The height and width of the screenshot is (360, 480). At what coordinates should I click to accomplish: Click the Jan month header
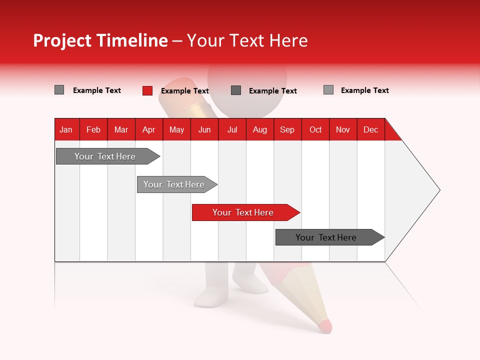pos(66,129)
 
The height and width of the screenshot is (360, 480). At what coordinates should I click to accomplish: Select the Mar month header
pos(121,129)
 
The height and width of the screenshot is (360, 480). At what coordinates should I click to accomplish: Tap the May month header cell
pos(176,129)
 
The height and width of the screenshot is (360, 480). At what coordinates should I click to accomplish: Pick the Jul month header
pos(232,129)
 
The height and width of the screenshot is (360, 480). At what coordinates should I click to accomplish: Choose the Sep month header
pos(287,129)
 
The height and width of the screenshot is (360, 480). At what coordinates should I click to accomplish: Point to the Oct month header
pos(315,129)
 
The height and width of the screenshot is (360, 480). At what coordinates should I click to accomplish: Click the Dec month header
pos(370,129)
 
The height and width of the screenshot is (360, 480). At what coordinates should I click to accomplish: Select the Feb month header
pos(93,129)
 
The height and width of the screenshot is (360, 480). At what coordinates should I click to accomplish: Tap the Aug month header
pos(259,129)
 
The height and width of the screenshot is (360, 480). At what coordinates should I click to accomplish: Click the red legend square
pos(147,90)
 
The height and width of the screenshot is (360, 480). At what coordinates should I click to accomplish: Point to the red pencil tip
pos(325,326)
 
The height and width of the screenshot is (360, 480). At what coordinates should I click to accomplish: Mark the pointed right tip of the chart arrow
pos(439,190)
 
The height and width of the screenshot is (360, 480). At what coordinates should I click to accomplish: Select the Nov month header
pos(342,129)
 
